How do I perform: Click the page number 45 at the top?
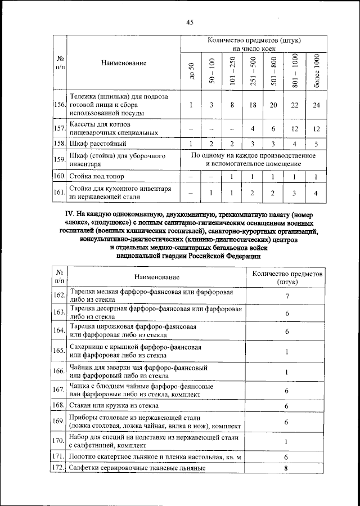pyautogui.click(x=190, y=22)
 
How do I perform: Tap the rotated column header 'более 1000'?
pyautogui.click(x=317, y=71)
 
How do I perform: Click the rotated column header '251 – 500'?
pyautogui.click(x=253, y=71)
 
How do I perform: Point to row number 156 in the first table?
pyautogui.click(x=59, y=105)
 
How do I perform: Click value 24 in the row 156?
pyautogui.click(x=317, y=105)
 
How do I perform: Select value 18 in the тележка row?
pyautogui.click(x=253, y=105)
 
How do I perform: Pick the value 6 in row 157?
pyautogui.click(x=274, y=128)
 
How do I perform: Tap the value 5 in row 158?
pyautogui.click(x=317, y=144)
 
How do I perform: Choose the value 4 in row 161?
pyautogui.click(x=317, y=194)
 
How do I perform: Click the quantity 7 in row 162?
pyautogui.click(x=287, y=297)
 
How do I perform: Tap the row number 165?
pyautogui.click(x=59, y=352)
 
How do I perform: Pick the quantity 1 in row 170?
pyautogui.click(x=287, y=441)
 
